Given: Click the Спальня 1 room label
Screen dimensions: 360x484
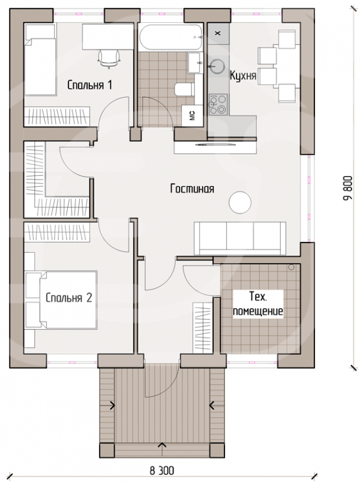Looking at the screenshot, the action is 89,85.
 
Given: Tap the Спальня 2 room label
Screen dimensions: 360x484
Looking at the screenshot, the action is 69,298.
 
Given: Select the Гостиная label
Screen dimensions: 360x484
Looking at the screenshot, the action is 192,189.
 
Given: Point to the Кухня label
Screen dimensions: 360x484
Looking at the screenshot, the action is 243,76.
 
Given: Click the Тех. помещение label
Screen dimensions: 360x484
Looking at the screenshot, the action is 258,304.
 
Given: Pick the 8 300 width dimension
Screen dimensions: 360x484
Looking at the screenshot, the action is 161,471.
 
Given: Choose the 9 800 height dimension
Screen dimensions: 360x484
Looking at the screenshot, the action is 347,188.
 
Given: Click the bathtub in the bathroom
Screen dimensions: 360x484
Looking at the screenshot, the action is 170,37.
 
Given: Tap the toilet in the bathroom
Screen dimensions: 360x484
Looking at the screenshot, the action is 184,89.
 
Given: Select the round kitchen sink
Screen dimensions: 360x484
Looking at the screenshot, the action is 217,67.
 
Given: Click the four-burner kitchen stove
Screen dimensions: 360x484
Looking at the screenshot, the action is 218,104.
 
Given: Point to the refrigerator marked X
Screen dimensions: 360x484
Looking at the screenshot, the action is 218,34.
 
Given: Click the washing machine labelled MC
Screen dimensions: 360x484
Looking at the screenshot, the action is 192,115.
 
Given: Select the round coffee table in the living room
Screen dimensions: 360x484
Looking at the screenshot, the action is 239,202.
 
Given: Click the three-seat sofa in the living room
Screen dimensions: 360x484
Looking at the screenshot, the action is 239,238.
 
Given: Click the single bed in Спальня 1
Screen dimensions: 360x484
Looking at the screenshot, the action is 40,59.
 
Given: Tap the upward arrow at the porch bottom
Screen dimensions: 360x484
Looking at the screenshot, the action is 162,445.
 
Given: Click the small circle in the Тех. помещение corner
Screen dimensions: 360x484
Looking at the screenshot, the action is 291,267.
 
